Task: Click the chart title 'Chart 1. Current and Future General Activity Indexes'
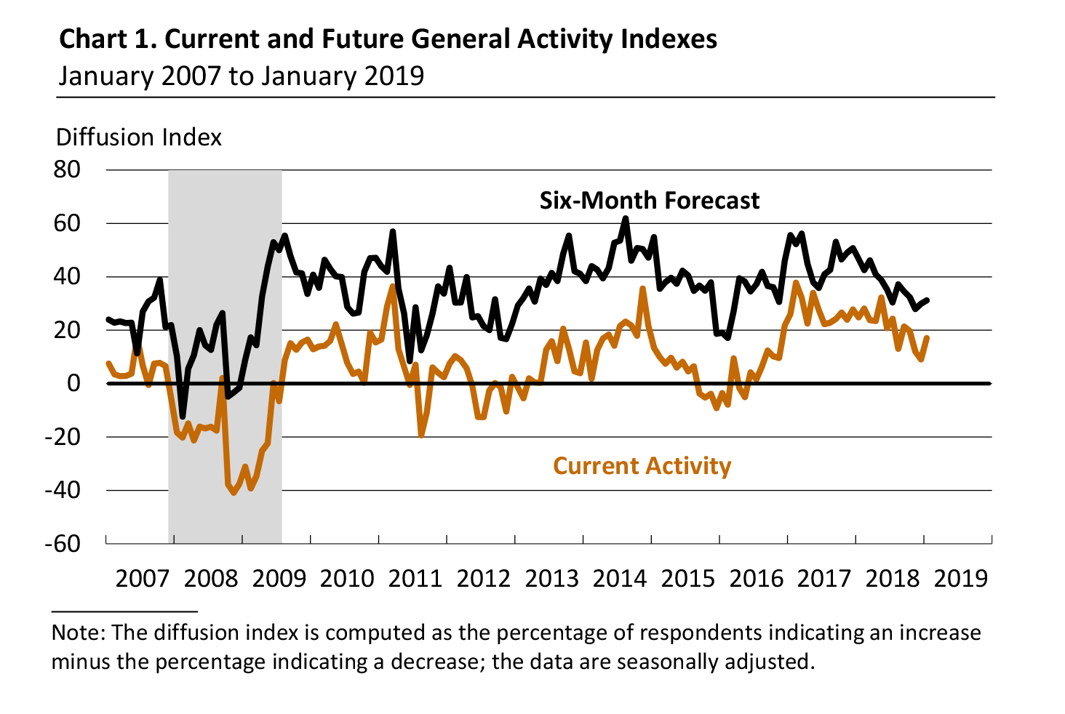coord(388,39)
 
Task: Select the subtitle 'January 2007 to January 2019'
coord(241,76)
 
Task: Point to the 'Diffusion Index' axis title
coord(138,137)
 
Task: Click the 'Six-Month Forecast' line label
coord(649,201)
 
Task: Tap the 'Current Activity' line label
coord(642,466)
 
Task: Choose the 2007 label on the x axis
coord(143,579)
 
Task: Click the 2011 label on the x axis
coord(415,579)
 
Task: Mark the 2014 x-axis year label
coord(620,579)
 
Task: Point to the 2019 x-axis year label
coord(960,579)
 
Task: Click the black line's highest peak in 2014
coord(626,218)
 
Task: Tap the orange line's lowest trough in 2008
coord(234,492)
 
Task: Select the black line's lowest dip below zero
coord(183,416)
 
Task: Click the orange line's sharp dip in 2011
coord(421,435)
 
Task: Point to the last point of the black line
coord(926,300)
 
